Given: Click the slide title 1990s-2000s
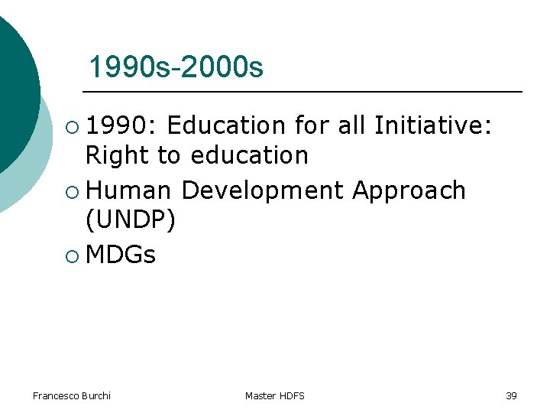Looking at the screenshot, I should (x=176, y=68).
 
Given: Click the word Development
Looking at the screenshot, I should (x=263, y=190).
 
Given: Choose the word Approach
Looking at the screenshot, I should (x=409, y=190).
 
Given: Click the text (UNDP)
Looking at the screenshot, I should (x=131, y=221).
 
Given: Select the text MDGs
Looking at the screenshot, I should (x=121, y=255).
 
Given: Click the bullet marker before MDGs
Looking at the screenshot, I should (x=72, y=255).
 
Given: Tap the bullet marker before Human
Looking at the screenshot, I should (x=72, y=190).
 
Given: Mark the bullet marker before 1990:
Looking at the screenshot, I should (x=72, y=125).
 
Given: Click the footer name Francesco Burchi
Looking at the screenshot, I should (x=72, y=395).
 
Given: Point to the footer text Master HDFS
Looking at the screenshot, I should (x=274, y=395).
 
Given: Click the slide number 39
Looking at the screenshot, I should (x=511, y=395).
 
